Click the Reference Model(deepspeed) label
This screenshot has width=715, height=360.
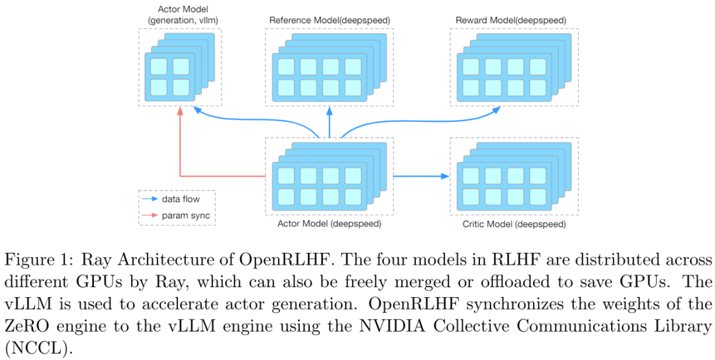(x=329, y=20)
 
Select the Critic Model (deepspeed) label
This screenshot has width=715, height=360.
(x=514, y=224)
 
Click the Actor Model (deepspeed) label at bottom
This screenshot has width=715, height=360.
(x=329, y=224)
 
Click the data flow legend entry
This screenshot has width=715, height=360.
(x=181, y=199)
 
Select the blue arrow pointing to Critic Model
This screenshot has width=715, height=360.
(x=421, y=176)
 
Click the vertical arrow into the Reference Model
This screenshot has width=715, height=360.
(x=330, y=122)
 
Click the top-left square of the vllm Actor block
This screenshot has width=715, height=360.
(x=158, y=66)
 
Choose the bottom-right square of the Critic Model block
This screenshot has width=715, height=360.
(x=537, y=197)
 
